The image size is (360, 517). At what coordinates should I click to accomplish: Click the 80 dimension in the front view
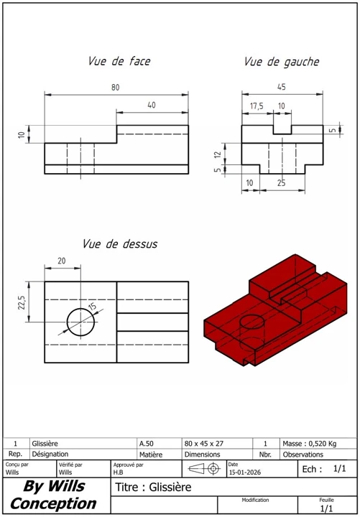[x=116, y=87]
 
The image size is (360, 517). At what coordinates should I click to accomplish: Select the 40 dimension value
[x=152, y=106]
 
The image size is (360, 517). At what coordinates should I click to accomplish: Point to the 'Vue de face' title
[x=119, y=62]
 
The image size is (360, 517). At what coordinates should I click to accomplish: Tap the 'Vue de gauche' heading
[x=282, y=62]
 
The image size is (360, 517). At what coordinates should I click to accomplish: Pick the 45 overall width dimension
[x=281, y=87]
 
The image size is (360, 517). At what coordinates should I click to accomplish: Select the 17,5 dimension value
[x=257, y=106]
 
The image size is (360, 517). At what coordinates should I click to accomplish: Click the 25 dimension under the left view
[x=281, y=184]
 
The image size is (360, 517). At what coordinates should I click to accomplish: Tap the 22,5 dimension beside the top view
[x=22, y=302]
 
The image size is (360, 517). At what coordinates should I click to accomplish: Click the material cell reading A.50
[x=146, y=444]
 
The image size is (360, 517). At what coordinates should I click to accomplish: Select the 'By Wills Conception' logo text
[x=54, y=495]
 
